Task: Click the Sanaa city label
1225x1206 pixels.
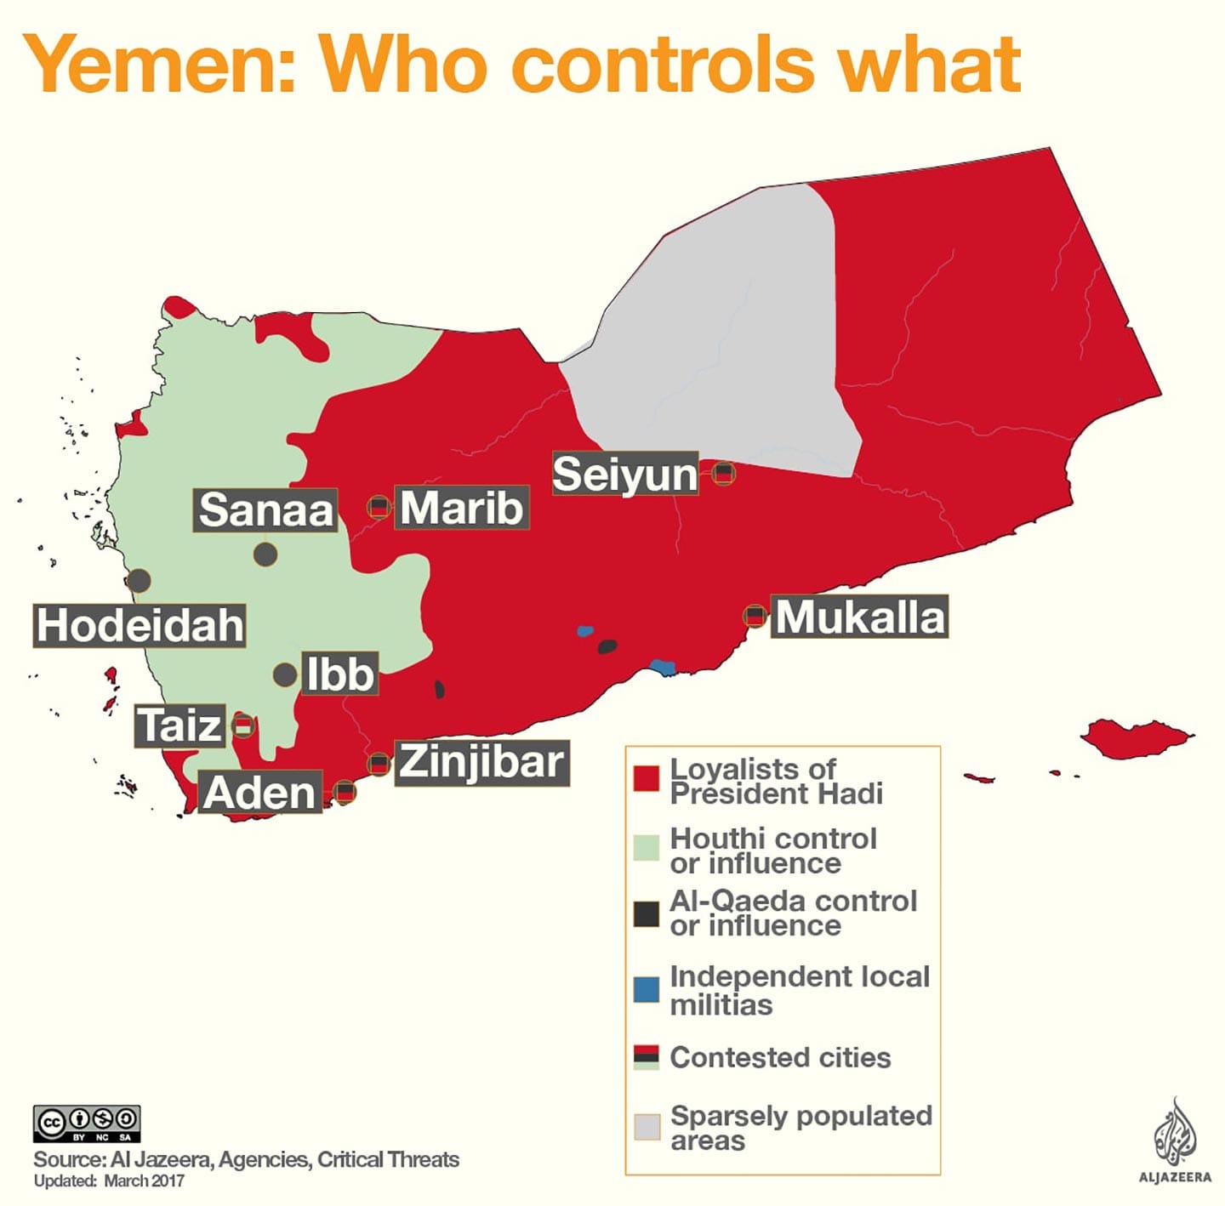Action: (265, 510)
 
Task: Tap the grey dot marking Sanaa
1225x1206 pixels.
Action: (265, 555)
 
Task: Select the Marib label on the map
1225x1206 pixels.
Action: (461, 508)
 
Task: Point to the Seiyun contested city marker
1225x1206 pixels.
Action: (723, 473)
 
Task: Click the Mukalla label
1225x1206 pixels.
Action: (859, 617)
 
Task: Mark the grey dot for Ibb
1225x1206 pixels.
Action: (285, 675)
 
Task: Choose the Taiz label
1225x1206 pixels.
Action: (179, 725)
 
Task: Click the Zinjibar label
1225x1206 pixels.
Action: (481, 762)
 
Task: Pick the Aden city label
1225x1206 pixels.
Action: (259, 793)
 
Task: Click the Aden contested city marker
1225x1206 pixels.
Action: (344, 792)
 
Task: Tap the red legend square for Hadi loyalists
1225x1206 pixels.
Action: (647, 778)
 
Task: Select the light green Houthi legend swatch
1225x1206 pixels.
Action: (647, 848)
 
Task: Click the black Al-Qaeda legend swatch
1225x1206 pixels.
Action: (647, 913)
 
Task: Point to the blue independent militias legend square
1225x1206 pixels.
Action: (647, 989)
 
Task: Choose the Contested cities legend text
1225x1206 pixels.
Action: (780, 1057)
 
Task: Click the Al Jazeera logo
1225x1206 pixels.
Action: (1175, 1140)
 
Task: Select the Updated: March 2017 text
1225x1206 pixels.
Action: (109, 1181)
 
